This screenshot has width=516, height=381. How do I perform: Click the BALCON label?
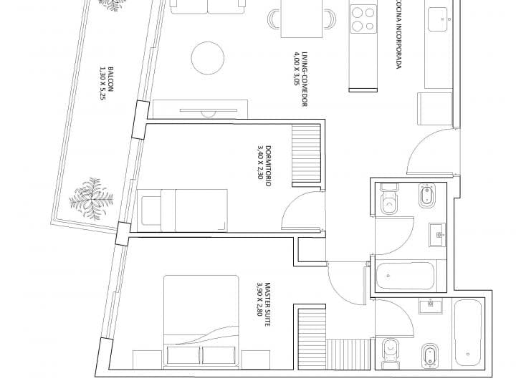pyautogui.click(x=110, y=79)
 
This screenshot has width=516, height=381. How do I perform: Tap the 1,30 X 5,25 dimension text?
pyautogui.click(x=103, y=83)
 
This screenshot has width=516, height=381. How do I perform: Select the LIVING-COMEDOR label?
pyautogui.click(x=305, y=79)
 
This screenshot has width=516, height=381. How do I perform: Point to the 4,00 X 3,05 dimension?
pyautogui.click(x=296, y=69)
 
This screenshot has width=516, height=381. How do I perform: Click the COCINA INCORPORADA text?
pyautogui.click(x=399, y=34)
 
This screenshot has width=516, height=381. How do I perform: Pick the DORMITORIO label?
pyautogui.click(x=268, y=166)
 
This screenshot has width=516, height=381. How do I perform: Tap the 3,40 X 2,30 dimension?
pyautogui.click(x=260, y=163)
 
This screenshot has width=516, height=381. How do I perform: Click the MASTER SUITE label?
pyautogui.click(x=267, y=304)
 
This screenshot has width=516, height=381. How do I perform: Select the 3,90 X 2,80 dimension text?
pyautogui.click(x=259, y=299)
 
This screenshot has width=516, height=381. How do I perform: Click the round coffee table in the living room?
pyautogui.click(x=208, y=58)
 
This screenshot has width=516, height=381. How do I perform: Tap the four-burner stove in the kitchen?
pyautogui.click(x=363, y=19)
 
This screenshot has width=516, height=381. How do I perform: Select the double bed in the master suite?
pyautogui.click(x=201, y=321)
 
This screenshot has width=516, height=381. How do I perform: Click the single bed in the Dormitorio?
pyautogui.click(x=182, y=211)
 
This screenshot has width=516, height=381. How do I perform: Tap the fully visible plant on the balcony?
pyautogui.click(x=92, y=199)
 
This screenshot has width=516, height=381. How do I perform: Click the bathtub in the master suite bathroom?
pyautogui.click(x=467, y=332)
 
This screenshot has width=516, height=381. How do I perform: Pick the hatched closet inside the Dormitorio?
pyautogui.click(x=306, y=153)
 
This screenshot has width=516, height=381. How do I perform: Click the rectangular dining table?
pyautogui.click(x=302, y=19)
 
